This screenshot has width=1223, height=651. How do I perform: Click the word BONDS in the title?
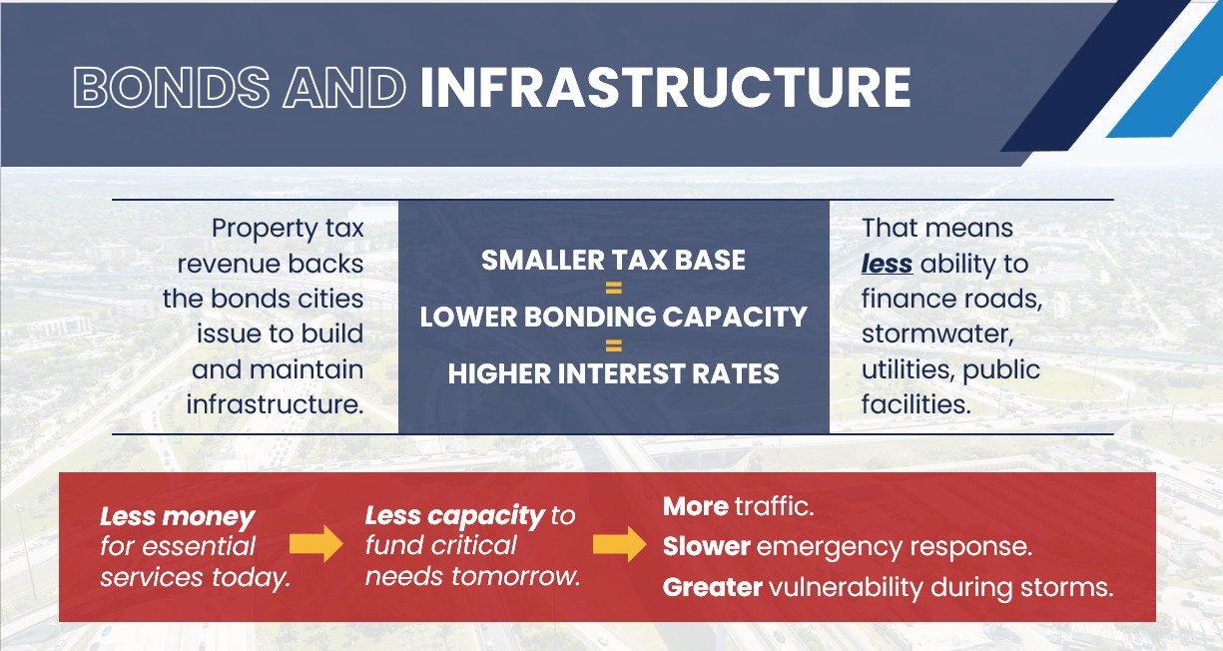pos(172,88)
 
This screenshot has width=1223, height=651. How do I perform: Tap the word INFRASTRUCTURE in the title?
pos(666,88)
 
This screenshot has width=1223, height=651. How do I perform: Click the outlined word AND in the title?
pos(344,88)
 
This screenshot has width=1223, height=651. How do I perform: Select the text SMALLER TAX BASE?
pos(613,260)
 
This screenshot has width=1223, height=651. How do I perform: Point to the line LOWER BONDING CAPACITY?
pos(613,317)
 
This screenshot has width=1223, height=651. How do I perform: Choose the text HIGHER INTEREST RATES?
pos(613,374)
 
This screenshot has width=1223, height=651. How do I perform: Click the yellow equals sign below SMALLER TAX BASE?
pos(614,288)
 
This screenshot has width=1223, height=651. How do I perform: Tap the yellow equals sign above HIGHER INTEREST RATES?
pos(614,345)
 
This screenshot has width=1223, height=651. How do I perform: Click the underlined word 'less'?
pos(887,264)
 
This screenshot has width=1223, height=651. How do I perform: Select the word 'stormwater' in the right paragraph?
pos(937,334)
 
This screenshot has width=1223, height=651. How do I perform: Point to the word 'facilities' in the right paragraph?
pos(917,404)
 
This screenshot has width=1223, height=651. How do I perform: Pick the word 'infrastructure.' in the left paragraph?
pos(276,404)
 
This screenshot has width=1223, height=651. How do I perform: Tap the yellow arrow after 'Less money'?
pos(316,544)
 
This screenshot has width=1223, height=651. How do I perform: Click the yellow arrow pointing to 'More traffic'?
pos(620,544)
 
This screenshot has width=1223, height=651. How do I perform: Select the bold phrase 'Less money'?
pos(178,516)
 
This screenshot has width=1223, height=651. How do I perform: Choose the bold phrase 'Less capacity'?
pos(455,516)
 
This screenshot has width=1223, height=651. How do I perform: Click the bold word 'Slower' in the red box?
pos(707,547)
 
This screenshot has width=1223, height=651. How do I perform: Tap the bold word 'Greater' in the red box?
pos(713,588)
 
